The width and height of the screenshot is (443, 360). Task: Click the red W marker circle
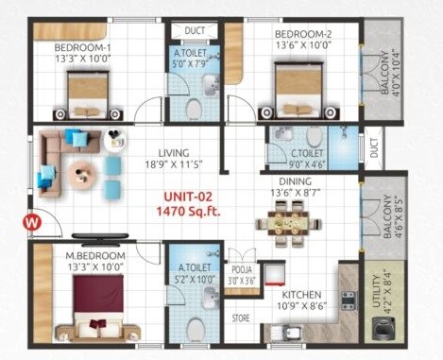30,223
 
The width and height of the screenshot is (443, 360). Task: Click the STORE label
241,318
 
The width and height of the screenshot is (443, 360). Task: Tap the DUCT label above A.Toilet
194,31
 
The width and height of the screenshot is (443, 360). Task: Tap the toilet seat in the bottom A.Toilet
196,328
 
